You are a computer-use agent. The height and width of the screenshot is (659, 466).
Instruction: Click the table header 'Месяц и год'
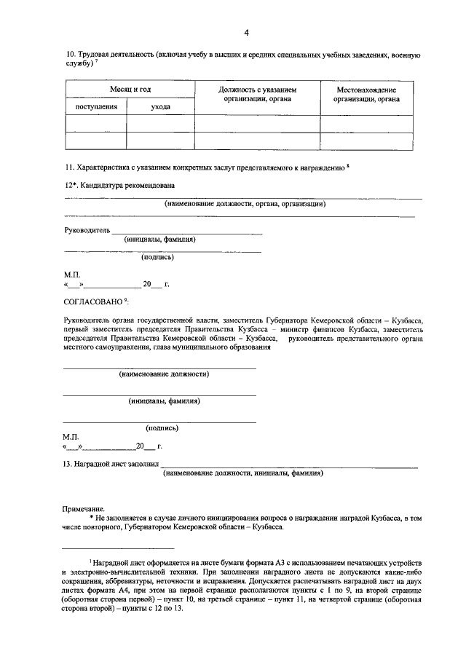[130, 89]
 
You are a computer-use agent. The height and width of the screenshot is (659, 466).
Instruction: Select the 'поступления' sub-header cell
[96, 106]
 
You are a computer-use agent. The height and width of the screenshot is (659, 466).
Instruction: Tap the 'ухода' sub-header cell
[161, 106]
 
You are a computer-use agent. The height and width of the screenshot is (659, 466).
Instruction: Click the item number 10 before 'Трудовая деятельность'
[70, 55]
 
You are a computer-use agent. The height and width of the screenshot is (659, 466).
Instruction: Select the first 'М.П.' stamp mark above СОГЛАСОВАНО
[72, 274]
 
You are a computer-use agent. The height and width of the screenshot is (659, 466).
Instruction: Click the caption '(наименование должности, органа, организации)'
[245, 204]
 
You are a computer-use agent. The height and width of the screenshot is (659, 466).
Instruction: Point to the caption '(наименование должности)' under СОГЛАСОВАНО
[164, 374]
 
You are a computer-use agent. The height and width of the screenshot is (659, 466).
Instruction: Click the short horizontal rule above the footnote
[118, 548]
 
